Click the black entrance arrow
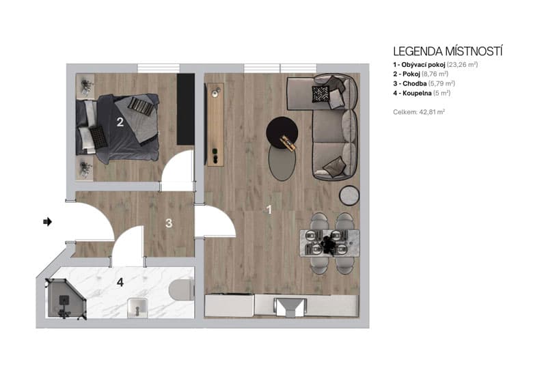(48, 221)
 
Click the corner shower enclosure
(65, 299)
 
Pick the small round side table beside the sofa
(349, 195)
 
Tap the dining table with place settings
(330, 242)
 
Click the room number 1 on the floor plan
(269, 210)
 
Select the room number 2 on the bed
(120, 123)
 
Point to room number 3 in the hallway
(169, 223)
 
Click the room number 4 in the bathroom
(120, 281)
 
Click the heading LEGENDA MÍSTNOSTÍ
(448, 51)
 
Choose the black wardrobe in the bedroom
(185, 109)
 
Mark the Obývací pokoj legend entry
(435, 64)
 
